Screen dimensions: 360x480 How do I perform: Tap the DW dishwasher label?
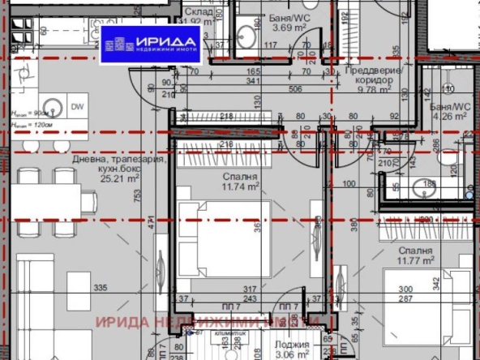(77, 107)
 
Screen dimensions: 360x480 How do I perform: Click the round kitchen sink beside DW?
(52, 106)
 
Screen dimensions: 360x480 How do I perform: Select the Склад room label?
(199, 12)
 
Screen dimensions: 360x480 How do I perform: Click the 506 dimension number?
(294, 90)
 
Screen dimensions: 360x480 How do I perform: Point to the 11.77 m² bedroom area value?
(414, 261)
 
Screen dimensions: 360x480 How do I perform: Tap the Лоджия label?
(296, 344)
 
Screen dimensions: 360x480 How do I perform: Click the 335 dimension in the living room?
(101, 288)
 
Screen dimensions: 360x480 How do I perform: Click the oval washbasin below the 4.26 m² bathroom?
(422, 190)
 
